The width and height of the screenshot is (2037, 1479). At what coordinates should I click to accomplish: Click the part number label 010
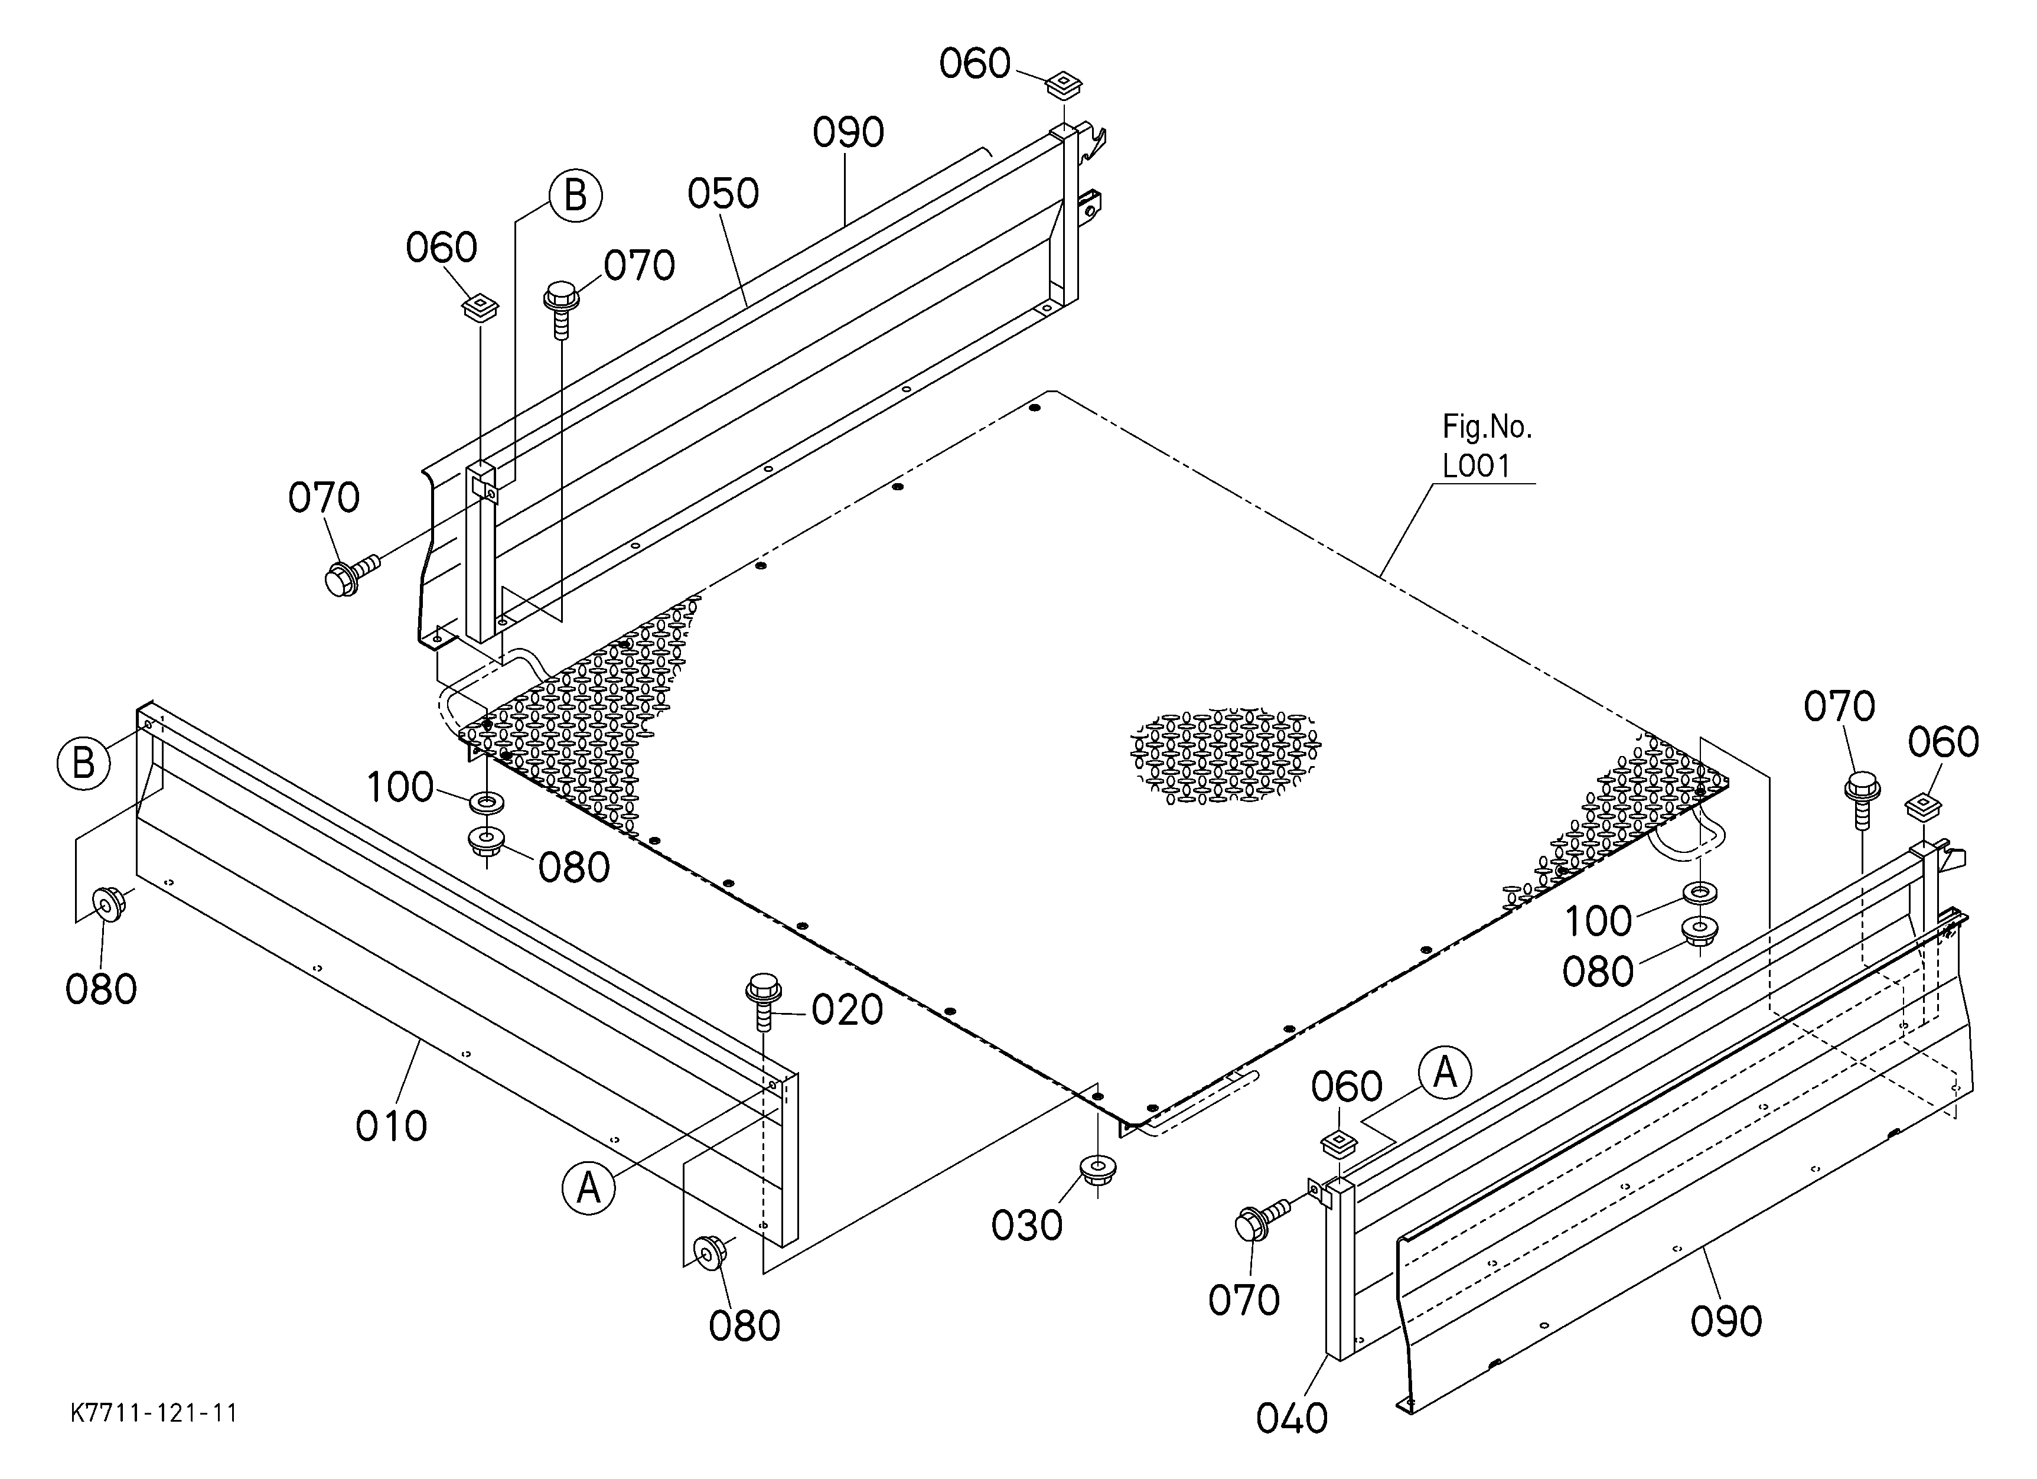click(391, 1126)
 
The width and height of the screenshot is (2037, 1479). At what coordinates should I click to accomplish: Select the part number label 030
click(1026, 1226)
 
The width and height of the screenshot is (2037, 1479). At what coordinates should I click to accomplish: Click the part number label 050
click(723, 194)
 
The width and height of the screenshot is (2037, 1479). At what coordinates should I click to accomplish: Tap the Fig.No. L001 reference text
click(1487, 447)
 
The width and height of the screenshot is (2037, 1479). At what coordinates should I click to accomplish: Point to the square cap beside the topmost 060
click(1064, 84)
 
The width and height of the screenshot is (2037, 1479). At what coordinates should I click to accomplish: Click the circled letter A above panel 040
click(1445, 1073)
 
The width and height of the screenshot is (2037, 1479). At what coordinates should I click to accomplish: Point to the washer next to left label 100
click(486, 800)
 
